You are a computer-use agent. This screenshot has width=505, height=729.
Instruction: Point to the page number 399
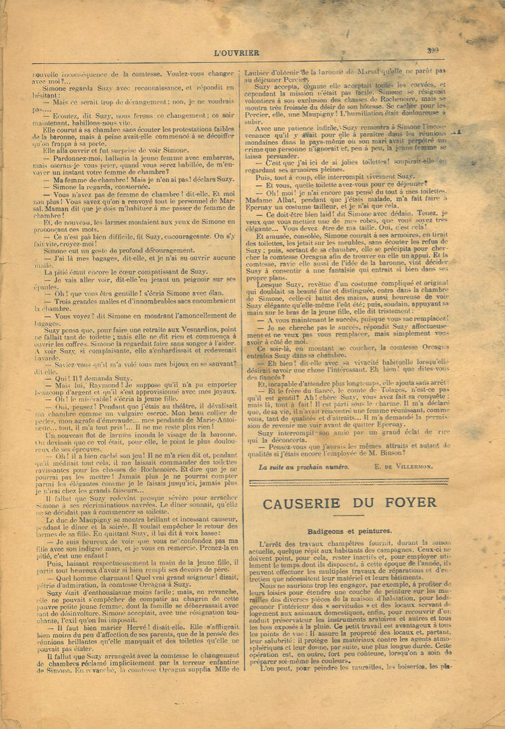[x=432, y=50]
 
